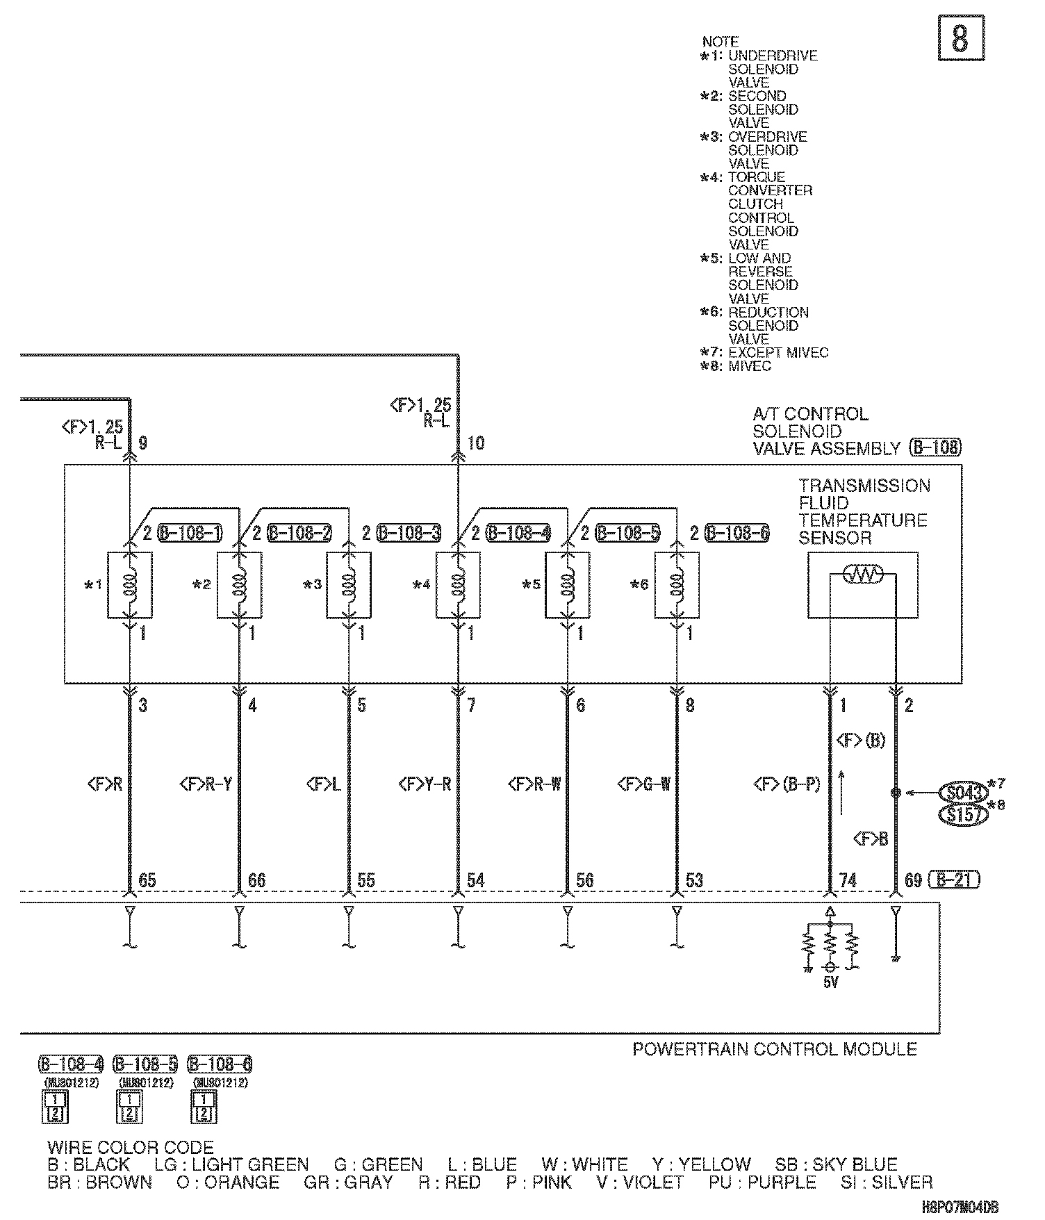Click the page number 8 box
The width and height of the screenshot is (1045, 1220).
point(961,39)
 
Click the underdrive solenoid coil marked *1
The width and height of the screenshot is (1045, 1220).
point(130,584)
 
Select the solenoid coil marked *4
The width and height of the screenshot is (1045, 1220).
point(459,584)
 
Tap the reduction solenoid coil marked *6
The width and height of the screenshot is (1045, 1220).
point(677,584)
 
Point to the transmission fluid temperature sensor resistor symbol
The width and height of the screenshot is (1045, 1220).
point(862,574)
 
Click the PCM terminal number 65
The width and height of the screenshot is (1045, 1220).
point(147,880)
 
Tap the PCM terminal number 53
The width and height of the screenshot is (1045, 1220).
point(695,880)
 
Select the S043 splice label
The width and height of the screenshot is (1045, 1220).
point(962,793)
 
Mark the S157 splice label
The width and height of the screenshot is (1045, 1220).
point(962,814)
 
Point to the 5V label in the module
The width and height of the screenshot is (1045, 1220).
point(830,982)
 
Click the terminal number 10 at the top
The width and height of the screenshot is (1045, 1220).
point(476,443)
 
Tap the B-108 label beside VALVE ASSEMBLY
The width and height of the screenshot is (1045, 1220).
point(935,448)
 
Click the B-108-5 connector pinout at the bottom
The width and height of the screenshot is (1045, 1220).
point(129,1107)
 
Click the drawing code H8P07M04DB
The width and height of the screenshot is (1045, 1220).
point(964,1208)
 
